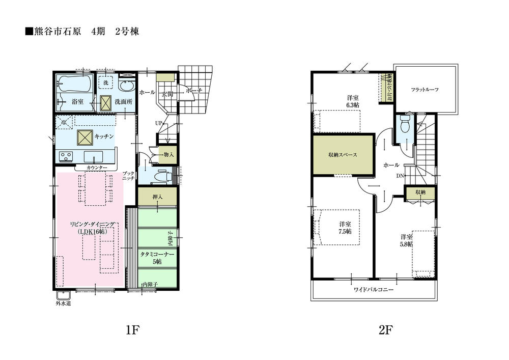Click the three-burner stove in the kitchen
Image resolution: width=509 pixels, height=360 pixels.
[66, 156]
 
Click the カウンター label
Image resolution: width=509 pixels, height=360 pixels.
[97, 168]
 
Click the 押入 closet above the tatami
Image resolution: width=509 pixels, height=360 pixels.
[157, 197]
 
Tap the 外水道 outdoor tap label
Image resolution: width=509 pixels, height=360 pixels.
[63, 304]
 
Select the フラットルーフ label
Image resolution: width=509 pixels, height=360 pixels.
[425, 89]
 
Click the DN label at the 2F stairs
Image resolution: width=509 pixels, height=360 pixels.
[401, 176]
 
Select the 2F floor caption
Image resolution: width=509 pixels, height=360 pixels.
[385, 330]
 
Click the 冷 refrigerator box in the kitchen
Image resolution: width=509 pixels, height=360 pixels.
[63, 122]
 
